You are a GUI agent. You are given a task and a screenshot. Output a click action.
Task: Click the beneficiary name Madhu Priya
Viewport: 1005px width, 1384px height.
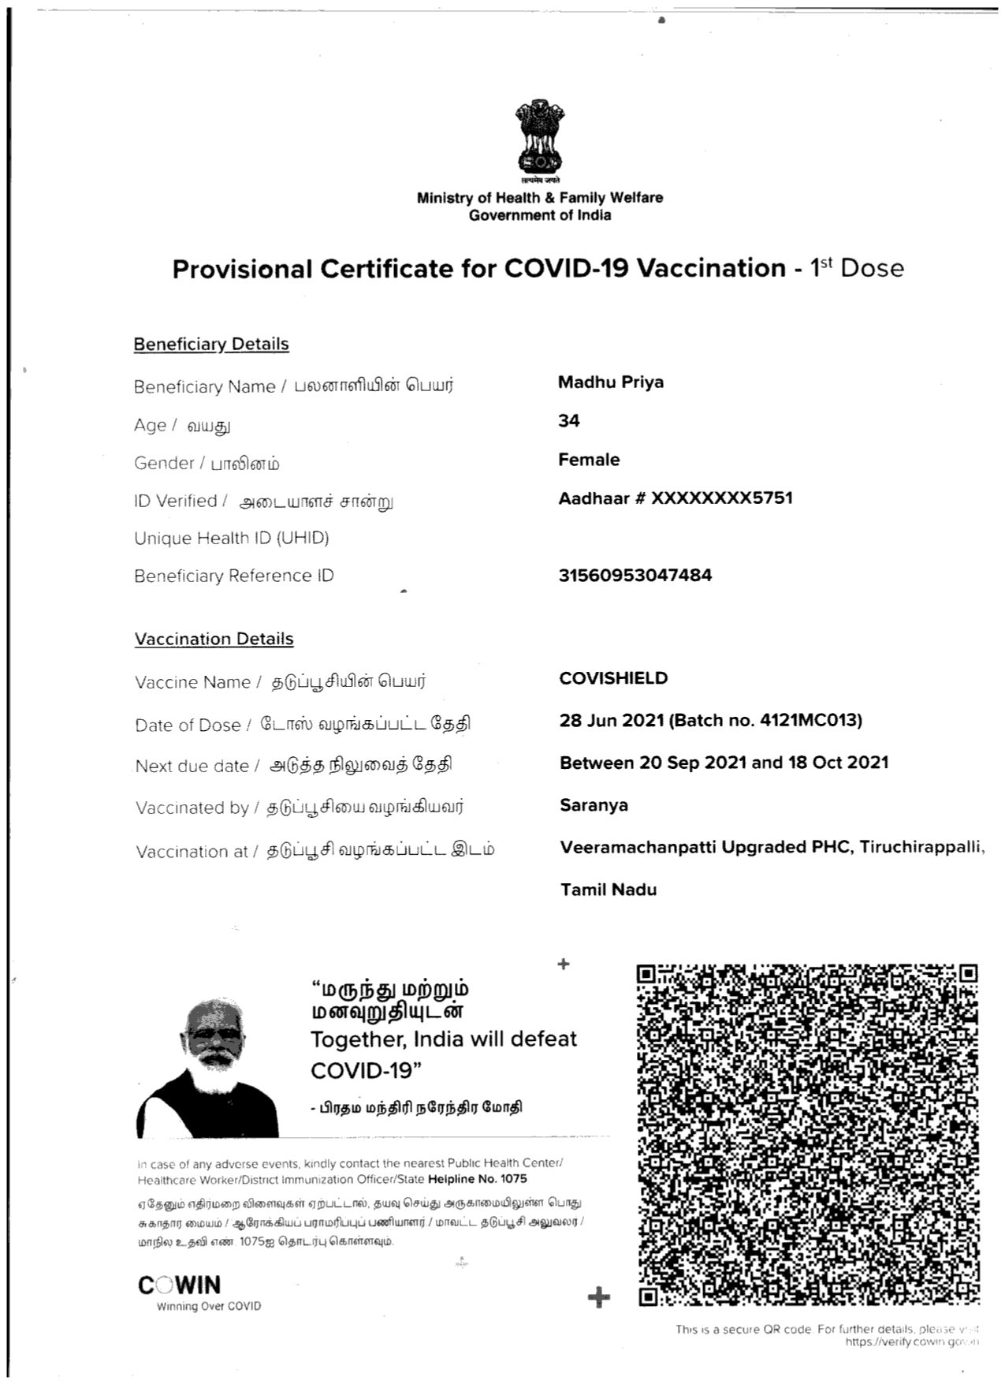[611, 382]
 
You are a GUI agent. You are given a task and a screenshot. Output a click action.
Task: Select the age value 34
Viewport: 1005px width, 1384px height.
[569, 421]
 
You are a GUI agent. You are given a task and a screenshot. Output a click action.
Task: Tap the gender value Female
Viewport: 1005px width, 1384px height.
[589, 460]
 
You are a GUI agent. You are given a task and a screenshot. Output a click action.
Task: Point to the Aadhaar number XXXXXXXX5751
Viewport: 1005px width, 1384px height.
[721, 498]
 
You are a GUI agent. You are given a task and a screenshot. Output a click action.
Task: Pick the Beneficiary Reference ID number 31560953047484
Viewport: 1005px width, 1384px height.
[635, 576]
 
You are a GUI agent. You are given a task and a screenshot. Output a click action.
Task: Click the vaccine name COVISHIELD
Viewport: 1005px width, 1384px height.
[613, 678]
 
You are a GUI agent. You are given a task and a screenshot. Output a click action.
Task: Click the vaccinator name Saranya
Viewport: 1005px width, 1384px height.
[594, 805]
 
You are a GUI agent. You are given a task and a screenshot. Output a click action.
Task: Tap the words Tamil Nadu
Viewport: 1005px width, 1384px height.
[609, 890]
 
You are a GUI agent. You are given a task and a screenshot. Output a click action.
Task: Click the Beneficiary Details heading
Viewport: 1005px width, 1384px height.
[211, 345]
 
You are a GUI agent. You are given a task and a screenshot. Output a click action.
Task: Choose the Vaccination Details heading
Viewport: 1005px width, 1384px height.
[214, 639]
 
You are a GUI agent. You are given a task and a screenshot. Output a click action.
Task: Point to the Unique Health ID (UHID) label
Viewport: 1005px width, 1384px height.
[231, 539]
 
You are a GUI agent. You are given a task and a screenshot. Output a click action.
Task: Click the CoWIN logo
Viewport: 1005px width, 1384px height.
[180, 1285]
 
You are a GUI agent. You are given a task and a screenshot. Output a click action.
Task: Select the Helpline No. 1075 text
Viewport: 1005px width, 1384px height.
[478, 1179]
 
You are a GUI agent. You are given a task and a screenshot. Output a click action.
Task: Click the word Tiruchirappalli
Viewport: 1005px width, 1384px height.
[920, 847]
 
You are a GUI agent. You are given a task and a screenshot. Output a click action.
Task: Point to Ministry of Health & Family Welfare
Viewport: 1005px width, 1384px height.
[539, 198]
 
